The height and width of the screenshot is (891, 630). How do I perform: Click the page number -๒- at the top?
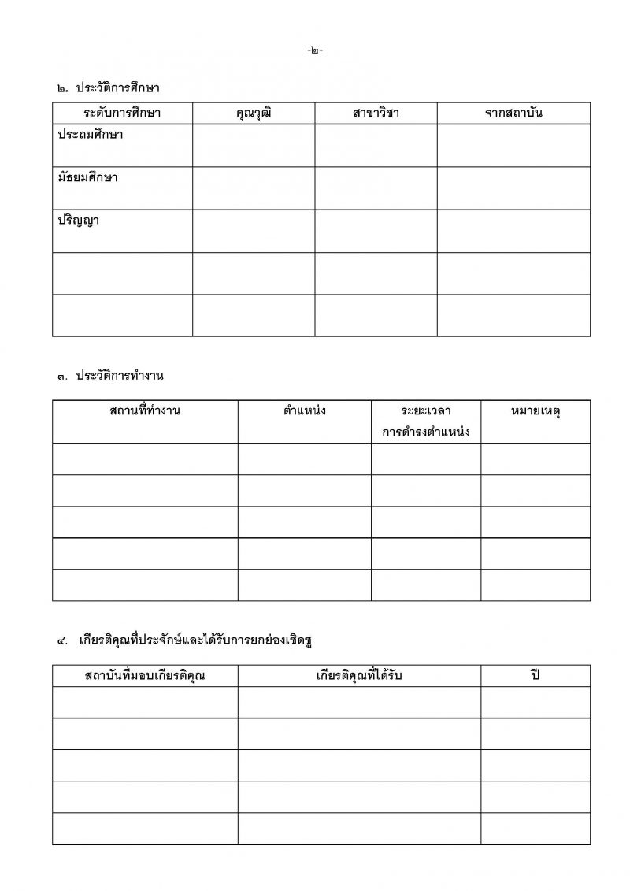coord(315,50)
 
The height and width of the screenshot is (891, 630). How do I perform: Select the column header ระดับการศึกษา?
coord(122,113)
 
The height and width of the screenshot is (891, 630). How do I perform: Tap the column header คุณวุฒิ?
coord(254,113)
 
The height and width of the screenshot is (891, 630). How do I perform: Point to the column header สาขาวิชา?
coord(376,113)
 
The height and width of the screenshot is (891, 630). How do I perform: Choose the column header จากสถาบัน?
coord(513,113)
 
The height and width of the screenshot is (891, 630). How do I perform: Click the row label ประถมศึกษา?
coord(90,135)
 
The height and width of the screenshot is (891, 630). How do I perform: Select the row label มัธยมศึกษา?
coord(87,177)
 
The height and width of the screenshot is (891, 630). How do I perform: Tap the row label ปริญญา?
coord(78,221)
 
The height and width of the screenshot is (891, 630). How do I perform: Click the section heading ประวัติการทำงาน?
coord(120,376)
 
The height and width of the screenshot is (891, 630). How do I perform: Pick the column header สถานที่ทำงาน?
coord(145,410)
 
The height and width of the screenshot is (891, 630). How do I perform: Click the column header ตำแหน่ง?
coord(304,410)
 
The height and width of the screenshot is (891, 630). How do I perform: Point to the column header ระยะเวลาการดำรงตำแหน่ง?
coord(426,421)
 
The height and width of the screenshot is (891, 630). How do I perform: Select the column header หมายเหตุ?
coord(535,410)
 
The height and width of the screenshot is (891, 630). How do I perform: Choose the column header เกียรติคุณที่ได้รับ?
coord(359,675)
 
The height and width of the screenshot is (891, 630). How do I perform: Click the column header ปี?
coord(535,675)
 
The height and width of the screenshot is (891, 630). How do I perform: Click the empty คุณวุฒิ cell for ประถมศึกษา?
coord(254,145)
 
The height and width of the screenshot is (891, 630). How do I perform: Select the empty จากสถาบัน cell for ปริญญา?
coord(513,231)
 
